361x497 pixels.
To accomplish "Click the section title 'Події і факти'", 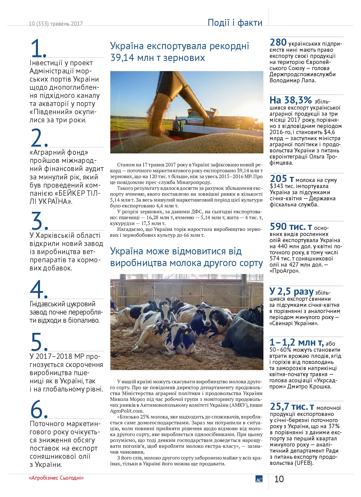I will click(x=235, y=22).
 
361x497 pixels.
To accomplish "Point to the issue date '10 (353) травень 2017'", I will click(x=56, y=23).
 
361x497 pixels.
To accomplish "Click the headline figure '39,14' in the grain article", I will click(x=122, y=58).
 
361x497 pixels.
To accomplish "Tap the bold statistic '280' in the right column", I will click(x=278, y=42).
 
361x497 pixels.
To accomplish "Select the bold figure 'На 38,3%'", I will click(x=290, y=100).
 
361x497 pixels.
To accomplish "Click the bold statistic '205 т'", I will click(x=282, y=178).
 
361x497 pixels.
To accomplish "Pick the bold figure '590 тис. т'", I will click(x=291, y=226).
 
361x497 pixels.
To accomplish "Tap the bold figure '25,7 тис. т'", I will click(x=292, y=406).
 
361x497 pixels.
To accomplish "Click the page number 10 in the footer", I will click(x=279, y=479).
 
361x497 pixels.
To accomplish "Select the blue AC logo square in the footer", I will click(x=259, y=479).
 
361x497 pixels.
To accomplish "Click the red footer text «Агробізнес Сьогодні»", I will click(x=56, y=478).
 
